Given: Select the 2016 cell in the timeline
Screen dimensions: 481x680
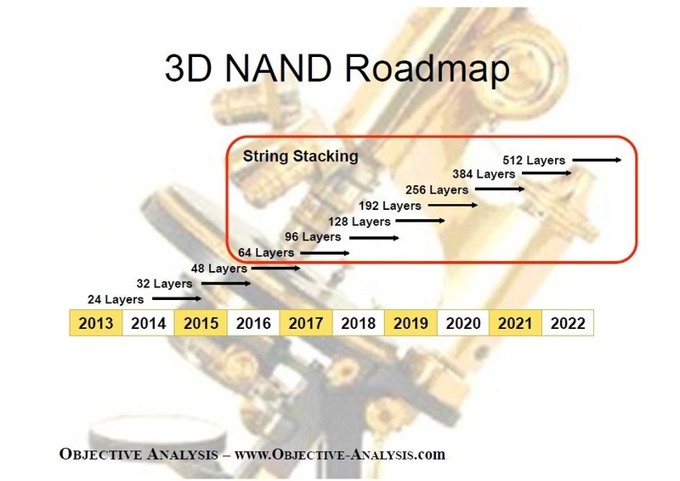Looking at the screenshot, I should click(253, 324).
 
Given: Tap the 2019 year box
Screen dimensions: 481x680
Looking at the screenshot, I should click(411, 324).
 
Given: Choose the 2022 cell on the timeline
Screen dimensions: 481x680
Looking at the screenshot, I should click(568, 324).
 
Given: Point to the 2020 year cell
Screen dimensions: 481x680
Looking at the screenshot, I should click(463, 324).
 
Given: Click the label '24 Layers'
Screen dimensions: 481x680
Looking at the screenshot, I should click(116, 299).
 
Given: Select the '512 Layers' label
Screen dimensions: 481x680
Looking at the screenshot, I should click(533, 160).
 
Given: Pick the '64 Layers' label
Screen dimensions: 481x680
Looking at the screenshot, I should click(266, 252).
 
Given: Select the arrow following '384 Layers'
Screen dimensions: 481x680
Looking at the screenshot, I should click(547, 174).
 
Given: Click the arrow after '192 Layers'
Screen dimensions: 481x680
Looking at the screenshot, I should click(452, 206).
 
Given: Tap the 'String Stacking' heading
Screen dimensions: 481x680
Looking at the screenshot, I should click(301, 156).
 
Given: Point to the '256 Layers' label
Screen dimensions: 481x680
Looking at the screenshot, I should click(437, 190).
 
